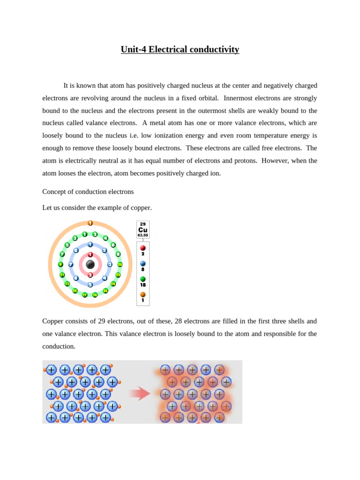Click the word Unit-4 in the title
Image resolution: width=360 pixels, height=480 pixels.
click(134, 50)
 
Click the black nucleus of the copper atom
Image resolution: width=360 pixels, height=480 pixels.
click(90, 264)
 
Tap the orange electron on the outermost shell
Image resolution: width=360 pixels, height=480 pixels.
click(90, 223)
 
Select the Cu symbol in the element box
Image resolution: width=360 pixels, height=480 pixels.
click(143, 230)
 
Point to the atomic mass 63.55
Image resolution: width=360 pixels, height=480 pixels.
click(143, 235)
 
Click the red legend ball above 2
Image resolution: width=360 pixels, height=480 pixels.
click(143, 248)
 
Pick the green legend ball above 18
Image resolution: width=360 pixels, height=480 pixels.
click(143, 279)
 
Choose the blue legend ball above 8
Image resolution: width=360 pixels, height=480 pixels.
click(143, 263)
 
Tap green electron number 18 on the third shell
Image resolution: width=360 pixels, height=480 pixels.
click(95, 295)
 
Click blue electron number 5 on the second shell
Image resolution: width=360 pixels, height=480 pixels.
click(90, 285)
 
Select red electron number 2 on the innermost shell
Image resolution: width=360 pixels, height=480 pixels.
click(90, 275)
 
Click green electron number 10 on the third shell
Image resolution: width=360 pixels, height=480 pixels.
click(120, 265)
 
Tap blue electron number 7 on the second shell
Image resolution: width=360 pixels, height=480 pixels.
click(71, 264)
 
